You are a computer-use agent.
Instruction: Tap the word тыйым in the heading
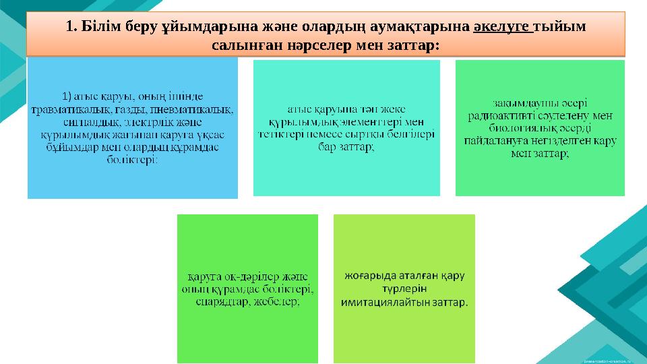coord(560,26)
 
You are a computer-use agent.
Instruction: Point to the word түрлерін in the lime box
coord(404,289)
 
